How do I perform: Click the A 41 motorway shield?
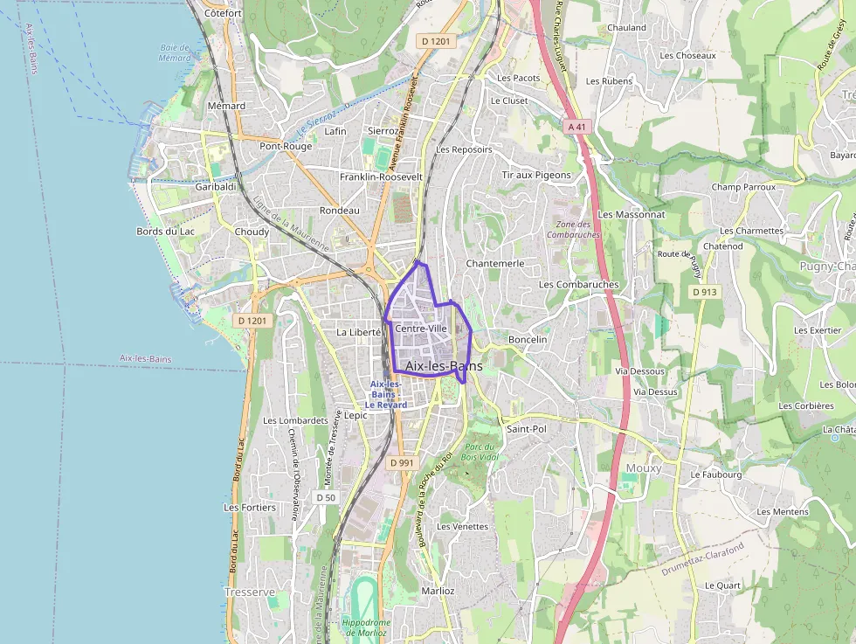tap(575, 127)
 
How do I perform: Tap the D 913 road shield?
tap(700, 292)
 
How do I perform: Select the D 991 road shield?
tap(401, 462)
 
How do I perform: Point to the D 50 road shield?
tap(325, 497)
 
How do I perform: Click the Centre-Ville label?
tap(421, 328)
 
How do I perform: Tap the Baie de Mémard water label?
tap(175, 52)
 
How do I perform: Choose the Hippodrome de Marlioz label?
tap(364, 627)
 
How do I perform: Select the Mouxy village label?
tap(644, 468)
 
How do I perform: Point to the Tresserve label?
tap(250, 592)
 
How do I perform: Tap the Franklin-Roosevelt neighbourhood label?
tap(381, 177)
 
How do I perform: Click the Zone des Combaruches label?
tap(574, 229)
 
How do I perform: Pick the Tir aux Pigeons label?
tap(536, 175)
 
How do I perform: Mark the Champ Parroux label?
tap(743, 187)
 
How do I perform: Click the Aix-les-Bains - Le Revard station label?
tap(386, 395)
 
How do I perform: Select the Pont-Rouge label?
tap(286, 146)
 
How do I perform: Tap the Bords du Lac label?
tap(166, 232)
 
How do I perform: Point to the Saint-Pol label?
tap(526, 429)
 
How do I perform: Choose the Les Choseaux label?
tap(687, 55)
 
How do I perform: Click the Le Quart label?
tap(722, 585)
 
